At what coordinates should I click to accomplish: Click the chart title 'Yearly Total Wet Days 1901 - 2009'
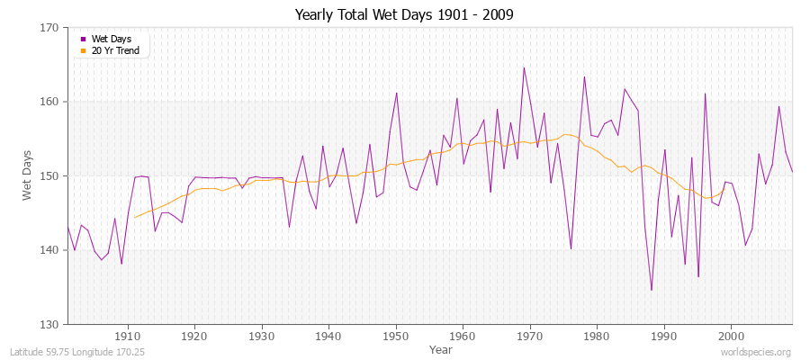point(404,15)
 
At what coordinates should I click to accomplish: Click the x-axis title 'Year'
point(441,348)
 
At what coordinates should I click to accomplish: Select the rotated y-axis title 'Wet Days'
point(27,175)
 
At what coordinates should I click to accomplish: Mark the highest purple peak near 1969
point(524,67)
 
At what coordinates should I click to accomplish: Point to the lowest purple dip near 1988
point(652,290)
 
